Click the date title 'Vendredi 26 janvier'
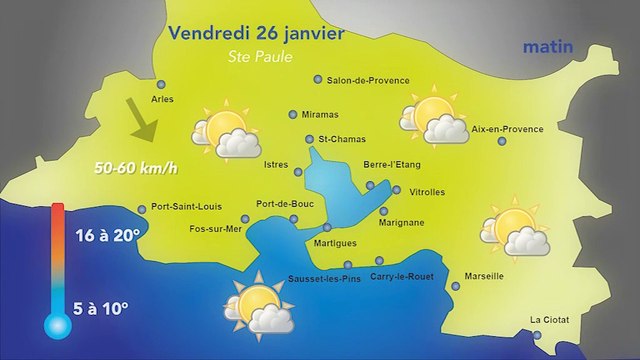(x=257, y=33)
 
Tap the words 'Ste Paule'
(x=257, y=57)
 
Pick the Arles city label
(x=161, y=100)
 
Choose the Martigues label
(x=335, y=243)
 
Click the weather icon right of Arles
(x=222, y=129)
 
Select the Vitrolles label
(x=427, y=191)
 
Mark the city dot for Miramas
(x=293, y=114)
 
